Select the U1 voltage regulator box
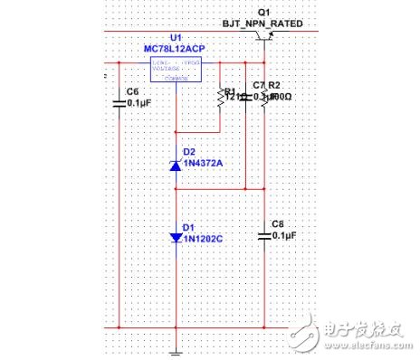pos(175,71)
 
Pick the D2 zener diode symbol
pos(176,165)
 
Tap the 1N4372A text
pos(204,162)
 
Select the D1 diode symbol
pos(176,237)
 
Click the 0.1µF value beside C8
pos(284,235)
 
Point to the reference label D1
pos(188,226)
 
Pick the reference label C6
pos(132,92)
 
